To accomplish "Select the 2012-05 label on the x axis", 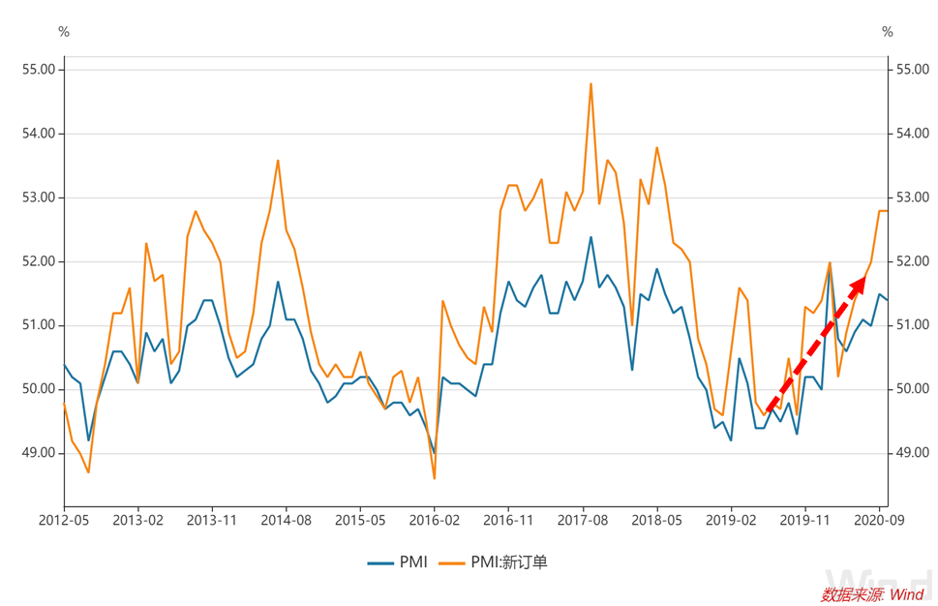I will click(x=64, y=520).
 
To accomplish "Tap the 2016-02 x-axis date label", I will click(x=435, y=520).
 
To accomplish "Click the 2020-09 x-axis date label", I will click(x=879, y=520).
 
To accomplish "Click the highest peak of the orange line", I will click(x=590, y=84).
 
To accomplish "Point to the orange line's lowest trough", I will click(x=435, y=478).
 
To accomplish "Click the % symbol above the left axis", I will click(x=64, y=32).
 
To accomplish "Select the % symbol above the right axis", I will click(x=888, y=32).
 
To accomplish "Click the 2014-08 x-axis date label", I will click(x=287, y=520).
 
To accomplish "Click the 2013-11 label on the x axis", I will click(x=212, y=520).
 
